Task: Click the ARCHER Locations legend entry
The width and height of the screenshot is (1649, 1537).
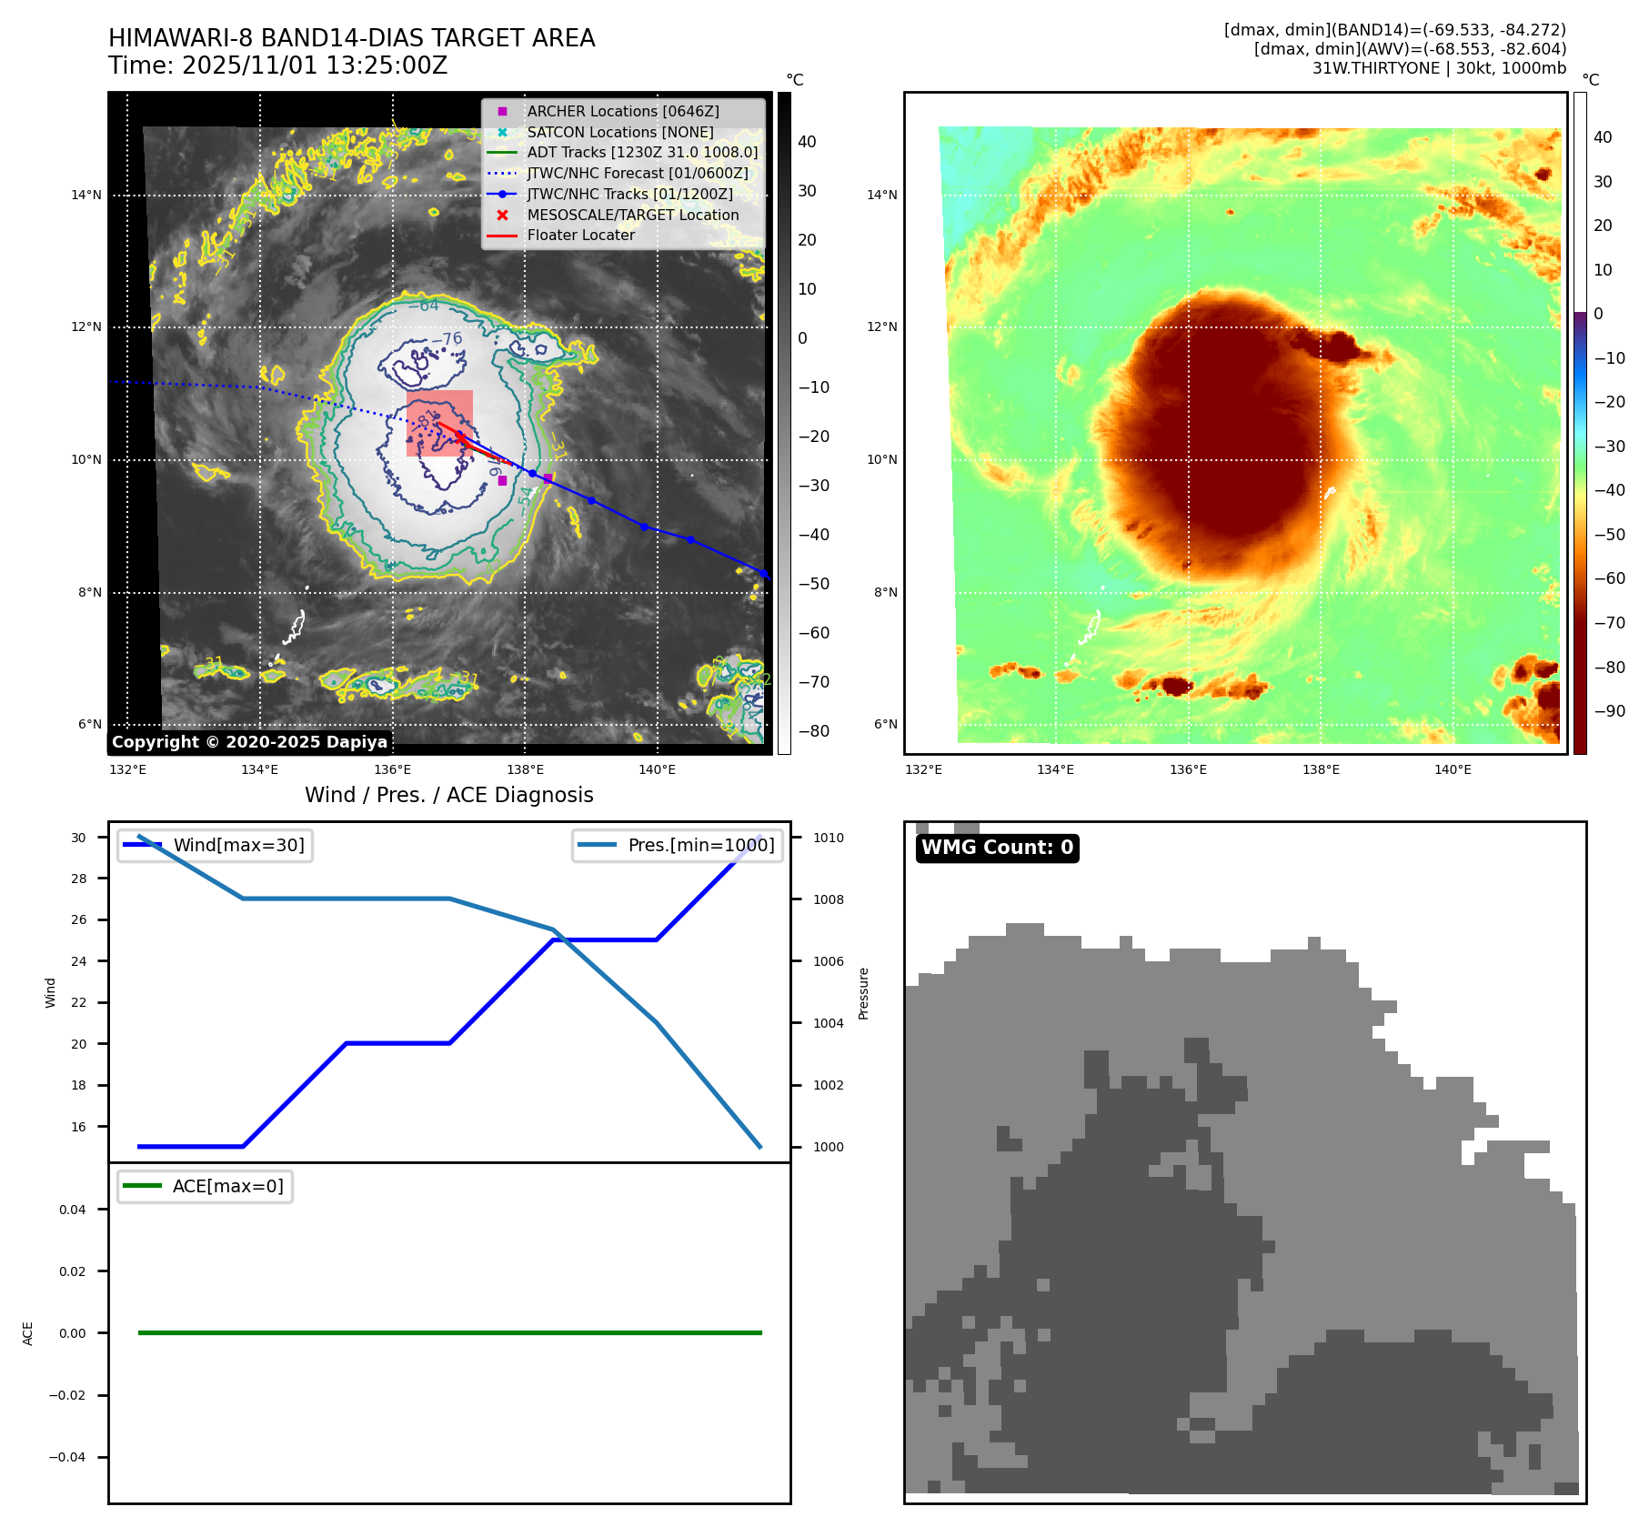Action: tap(622, 111)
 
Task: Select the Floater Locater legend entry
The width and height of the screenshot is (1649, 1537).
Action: tap(580, 235)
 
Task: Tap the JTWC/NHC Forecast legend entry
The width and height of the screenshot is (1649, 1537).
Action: tap(637, 173)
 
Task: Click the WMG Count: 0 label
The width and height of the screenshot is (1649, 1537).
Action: tap(997, 848)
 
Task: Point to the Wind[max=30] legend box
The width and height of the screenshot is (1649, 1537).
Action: tap(216, 845)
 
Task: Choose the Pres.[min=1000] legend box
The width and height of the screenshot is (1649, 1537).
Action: tap(678, 845)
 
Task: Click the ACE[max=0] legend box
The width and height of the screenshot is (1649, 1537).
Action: tap(206, 1186)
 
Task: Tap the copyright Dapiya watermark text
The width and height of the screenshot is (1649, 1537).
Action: tap(249, 742)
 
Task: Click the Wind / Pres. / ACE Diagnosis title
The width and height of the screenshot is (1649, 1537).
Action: tap(448, 795)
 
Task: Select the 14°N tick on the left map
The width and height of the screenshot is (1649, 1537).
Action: tap(86, 195)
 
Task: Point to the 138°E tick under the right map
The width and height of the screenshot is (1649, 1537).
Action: tap(1321, 769)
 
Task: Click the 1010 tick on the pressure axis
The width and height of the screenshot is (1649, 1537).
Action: tap(828, 838)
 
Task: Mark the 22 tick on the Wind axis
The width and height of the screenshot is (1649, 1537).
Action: tap(79, 1002)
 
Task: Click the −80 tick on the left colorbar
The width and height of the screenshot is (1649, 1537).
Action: tap(813, 731)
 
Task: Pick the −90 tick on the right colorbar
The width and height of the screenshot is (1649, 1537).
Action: tap(1609, 711)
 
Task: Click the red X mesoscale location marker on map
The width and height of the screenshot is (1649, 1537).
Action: tap(460, 437)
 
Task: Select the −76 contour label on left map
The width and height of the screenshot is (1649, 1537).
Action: tap(447, 339)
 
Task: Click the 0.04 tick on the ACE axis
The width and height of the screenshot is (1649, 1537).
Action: tap(73, 1210)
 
